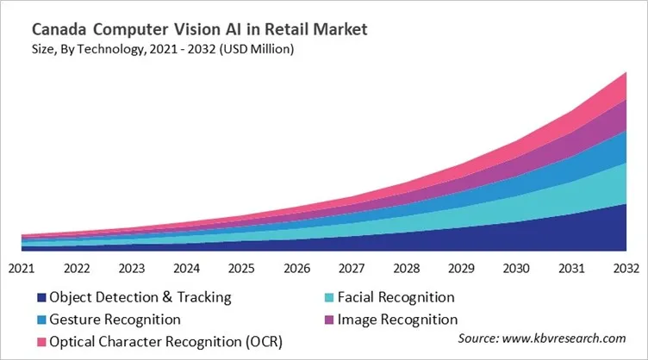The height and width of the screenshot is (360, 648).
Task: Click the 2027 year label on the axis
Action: [351, 268]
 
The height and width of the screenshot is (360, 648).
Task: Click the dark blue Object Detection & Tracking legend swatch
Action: [40, 298]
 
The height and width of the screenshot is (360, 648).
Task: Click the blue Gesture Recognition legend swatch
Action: [40, 320]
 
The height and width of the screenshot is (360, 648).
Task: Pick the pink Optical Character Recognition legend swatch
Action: [40, 342]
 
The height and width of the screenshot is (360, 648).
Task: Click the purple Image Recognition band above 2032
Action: [622, 117]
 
